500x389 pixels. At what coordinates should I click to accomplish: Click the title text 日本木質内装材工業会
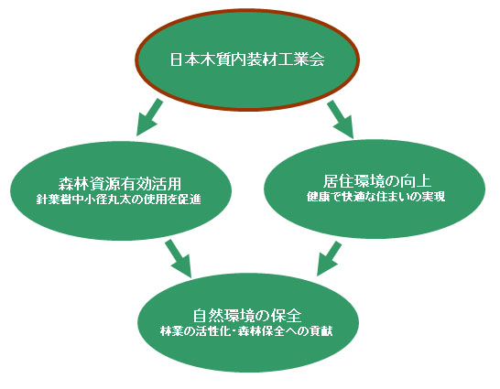[x=247, y=59]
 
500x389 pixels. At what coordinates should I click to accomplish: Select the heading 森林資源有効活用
[x=120, y=184]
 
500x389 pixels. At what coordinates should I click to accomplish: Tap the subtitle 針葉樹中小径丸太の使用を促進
[x=119, y=200]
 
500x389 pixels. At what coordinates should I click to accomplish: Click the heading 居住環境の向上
[x=377, y=181]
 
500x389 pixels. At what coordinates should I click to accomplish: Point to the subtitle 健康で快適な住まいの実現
[x=376, y=197]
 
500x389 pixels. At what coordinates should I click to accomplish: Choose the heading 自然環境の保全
[x=247, y=316]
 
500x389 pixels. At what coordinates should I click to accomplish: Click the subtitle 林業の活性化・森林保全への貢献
[x=246, y=331]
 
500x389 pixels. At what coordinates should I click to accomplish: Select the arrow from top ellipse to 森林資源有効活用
[x=149, y=117]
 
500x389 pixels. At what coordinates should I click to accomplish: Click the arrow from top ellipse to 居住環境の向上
[x=341, y=119]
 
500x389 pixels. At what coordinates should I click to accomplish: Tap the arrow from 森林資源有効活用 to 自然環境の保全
[x=179, y=258]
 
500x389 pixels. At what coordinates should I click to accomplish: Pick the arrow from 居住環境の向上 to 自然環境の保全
[x=329, y=258]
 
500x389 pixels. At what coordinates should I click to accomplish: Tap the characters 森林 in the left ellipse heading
[x=74, y=184]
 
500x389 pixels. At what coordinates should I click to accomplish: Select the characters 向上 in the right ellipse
[x=417, y=181]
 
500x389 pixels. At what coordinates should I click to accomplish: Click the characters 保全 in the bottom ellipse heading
[x=287, y=316]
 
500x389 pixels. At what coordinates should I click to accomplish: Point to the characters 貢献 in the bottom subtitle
[x=321, y=331]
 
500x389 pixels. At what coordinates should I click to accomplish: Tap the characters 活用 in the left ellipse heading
[x=167, y=184]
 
